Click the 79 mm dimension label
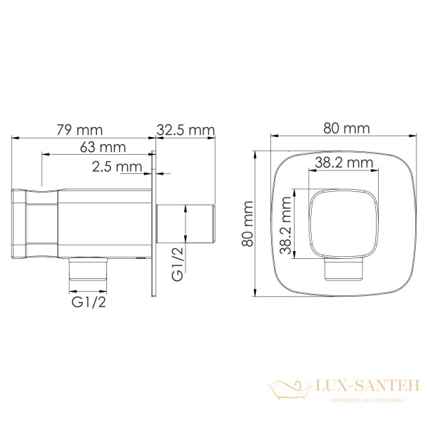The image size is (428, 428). (80, 130)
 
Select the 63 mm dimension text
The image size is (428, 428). (103, 148)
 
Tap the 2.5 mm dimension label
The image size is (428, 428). (117, 167)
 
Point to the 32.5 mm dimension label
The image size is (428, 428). (186, 130)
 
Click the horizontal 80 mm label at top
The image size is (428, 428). (347, 128)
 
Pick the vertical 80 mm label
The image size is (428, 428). (248, 224)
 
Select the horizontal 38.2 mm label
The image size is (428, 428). (345, 163)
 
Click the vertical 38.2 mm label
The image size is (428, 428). (286, 225)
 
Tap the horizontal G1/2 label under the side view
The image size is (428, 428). (88, 302)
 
